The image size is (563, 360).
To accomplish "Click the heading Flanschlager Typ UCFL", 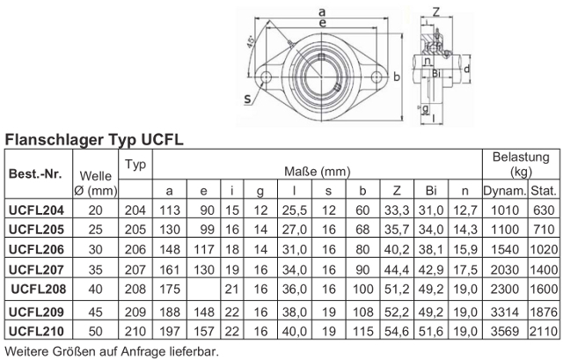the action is (94, 140).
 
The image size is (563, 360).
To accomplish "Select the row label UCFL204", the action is (36, 210).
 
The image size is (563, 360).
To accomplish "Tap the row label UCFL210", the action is (36, 331).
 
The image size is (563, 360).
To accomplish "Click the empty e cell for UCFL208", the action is (203, 289).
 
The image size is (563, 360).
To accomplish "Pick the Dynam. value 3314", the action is (504, 312).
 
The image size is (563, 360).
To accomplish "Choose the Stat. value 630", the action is (544, 210).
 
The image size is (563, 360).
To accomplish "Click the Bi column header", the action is (430, 190).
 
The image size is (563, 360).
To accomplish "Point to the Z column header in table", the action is (397, 190).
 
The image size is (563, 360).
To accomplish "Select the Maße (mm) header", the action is (317, 172).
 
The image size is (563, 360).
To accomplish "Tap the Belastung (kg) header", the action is (521, 165).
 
